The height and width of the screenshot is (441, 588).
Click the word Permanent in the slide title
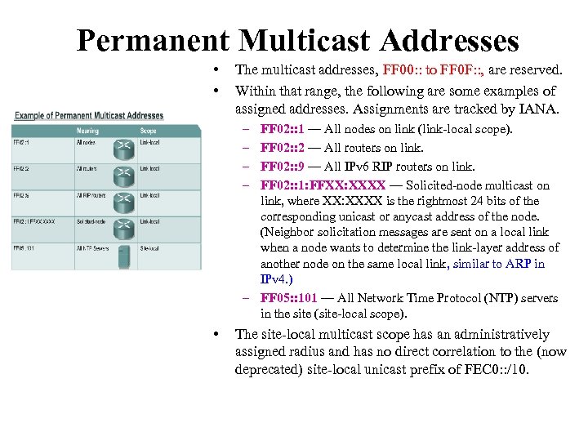point(153,41)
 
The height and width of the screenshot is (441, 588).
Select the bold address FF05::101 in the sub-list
point(287,298)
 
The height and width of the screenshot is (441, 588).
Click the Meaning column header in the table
point(87,131)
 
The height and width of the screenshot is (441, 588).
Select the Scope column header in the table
point(148,131)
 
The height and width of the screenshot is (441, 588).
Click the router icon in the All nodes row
point(124,145)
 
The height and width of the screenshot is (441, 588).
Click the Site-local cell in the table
point(150,247)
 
